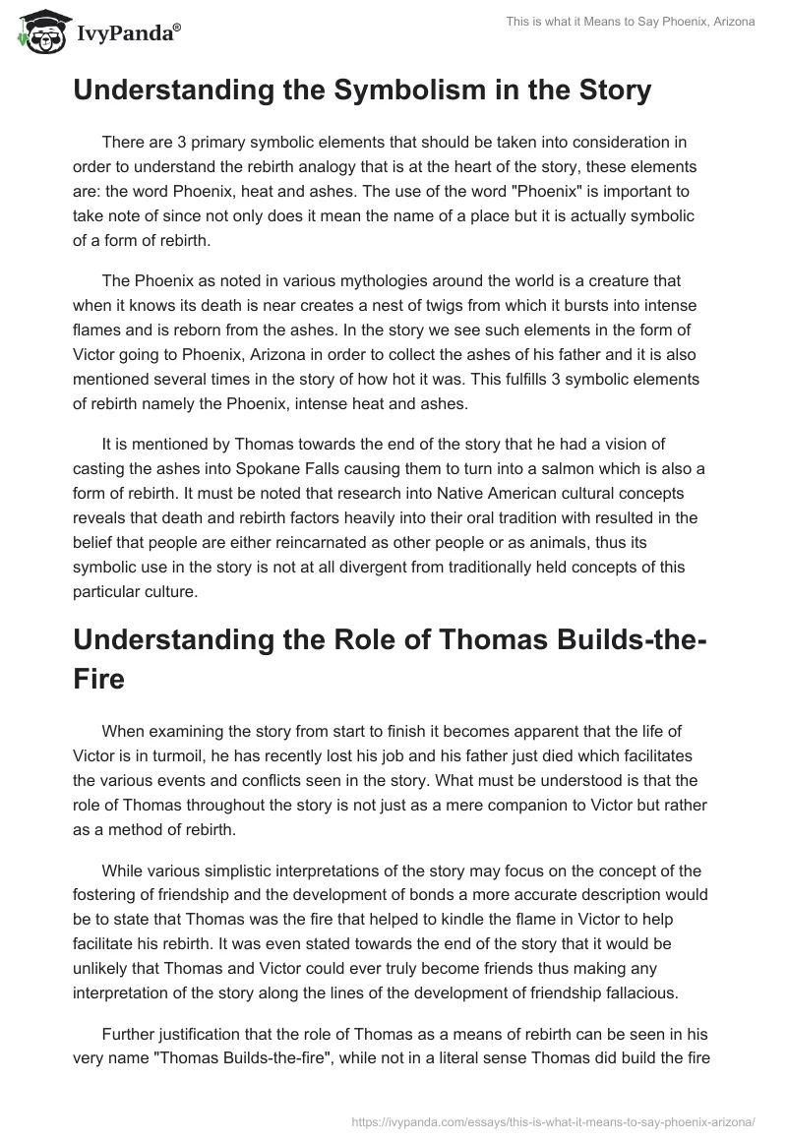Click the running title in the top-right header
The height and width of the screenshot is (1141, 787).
pos(616,23)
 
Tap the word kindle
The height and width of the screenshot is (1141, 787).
pos(448,895)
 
